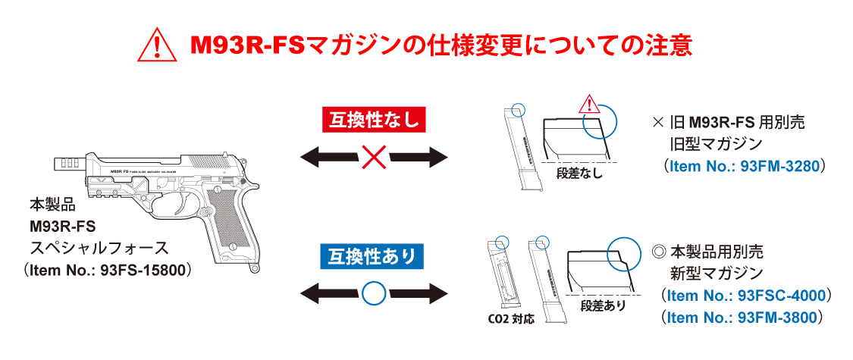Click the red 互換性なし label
pos(375,119)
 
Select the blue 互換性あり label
pos(374,257)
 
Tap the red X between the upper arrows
pos(374,158)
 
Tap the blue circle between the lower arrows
pos(373,293)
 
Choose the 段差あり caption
pos(603,305)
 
